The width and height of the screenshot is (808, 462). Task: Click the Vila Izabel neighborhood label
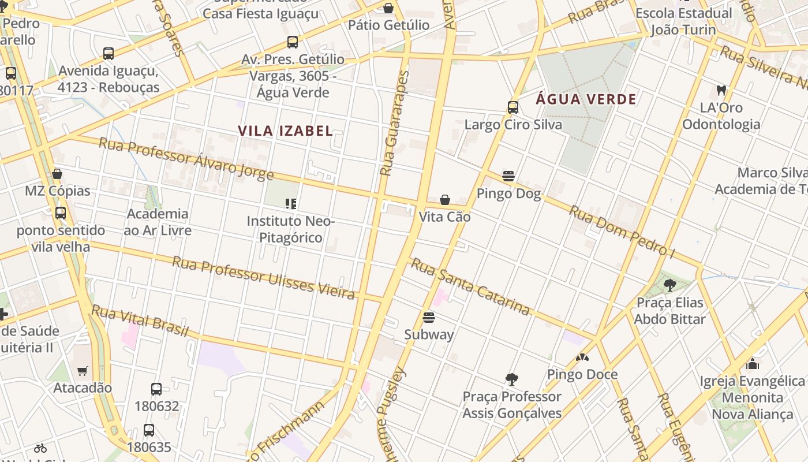[x=285, y=131]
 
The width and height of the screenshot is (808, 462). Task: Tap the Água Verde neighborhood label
[x=586, y=99]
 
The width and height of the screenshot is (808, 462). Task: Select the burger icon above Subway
[x=428, y=317]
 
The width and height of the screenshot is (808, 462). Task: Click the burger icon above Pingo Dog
[x=508, y=176]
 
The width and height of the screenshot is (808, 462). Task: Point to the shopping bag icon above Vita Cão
[x=445, y=200]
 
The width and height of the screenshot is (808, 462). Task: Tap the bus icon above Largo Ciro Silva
[x=513, y=107]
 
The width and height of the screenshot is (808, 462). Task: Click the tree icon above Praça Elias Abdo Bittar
[x=669, y=285]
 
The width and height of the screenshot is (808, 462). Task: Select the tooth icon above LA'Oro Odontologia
[x=721, y=90]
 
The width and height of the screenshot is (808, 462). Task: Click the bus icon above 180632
[x=156, y=389]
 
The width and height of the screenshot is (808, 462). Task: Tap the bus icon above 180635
[x=149, y=430]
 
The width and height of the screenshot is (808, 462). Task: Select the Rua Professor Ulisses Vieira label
[x=263, y=278]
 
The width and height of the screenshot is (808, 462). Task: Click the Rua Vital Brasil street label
[x=140, y=321]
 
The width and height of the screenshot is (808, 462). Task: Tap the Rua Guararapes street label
[x=395, y=124]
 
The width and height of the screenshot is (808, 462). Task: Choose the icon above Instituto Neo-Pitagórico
[x=291, y=203]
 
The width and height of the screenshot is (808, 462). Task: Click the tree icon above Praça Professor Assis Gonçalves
[x=511, y=379]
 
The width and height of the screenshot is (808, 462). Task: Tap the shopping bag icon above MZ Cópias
[x=57, y=173]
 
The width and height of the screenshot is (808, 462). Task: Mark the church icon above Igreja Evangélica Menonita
[x=752, y=364]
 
